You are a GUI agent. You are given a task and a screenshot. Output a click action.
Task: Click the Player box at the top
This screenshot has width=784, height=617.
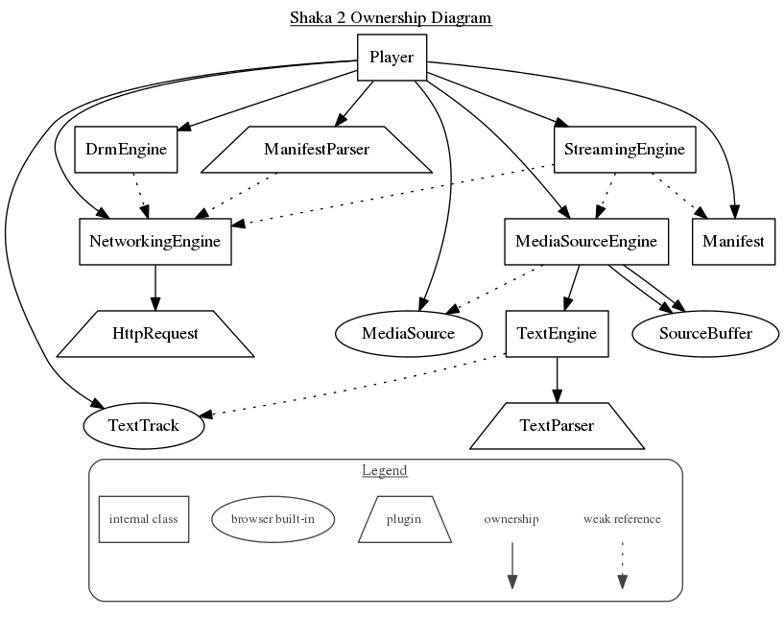[x=392, y=58]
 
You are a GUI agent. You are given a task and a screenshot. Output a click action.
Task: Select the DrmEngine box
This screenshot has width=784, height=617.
[x=126, y=150]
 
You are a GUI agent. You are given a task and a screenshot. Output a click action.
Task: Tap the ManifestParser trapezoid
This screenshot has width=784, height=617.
[x=317, y=150]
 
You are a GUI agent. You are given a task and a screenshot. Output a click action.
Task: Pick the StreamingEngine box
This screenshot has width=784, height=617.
[x=624, y=150]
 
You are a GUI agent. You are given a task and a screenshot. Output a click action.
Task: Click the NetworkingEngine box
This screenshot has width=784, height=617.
[x=154, y=242]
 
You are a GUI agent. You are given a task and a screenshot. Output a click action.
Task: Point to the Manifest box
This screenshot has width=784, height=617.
[x=733, y=242]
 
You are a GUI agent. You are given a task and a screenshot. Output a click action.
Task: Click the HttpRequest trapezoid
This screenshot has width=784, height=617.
[x=155, y=334]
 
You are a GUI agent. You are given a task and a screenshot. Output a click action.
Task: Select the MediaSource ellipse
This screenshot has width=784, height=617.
[x=408, y=334]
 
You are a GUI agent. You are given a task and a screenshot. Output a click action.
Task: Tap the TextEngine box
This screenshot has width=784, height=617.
[x=557, y=334]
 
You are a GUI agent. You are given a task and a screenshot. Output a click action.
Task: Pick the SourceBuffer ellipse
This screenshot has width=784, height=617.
[x=705, y=334]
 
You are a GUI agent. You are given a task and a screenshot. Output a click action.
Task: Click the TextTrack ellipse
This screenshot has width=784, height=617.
[x=144, y=425]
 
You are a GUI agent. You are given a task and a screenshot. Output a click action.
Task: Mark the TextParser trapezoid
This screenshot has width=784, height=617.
[x=557, y=425]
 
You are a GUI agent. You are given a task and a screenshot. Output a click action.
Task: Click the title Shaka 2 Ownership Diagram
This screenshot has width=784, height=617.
[x=391, y=18]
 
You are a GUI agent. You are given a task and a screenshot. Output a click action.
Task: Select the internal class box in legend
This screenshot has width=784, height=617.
[x=144, y=519]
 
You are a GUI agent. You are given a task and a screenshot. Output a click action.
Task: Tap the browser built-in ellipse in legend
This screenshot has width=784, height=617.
[x=273, y=519]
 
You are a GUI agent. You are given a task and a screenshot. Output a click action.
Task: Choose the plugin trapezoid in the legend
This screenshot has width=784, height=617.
[x=404, y=519]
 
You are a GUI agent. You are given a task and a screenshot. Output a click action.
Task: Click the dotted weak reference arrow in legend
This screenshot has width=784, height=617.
[x=622, y=566]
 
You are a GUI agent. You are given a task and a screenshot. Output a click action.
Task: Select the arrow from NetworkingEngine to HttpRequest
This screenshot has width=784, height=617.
[x=154, y=287]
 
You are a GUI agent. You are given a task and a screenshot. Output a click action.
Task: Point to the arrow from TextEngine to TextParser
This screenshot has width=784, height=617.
[x=557, y=379]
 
